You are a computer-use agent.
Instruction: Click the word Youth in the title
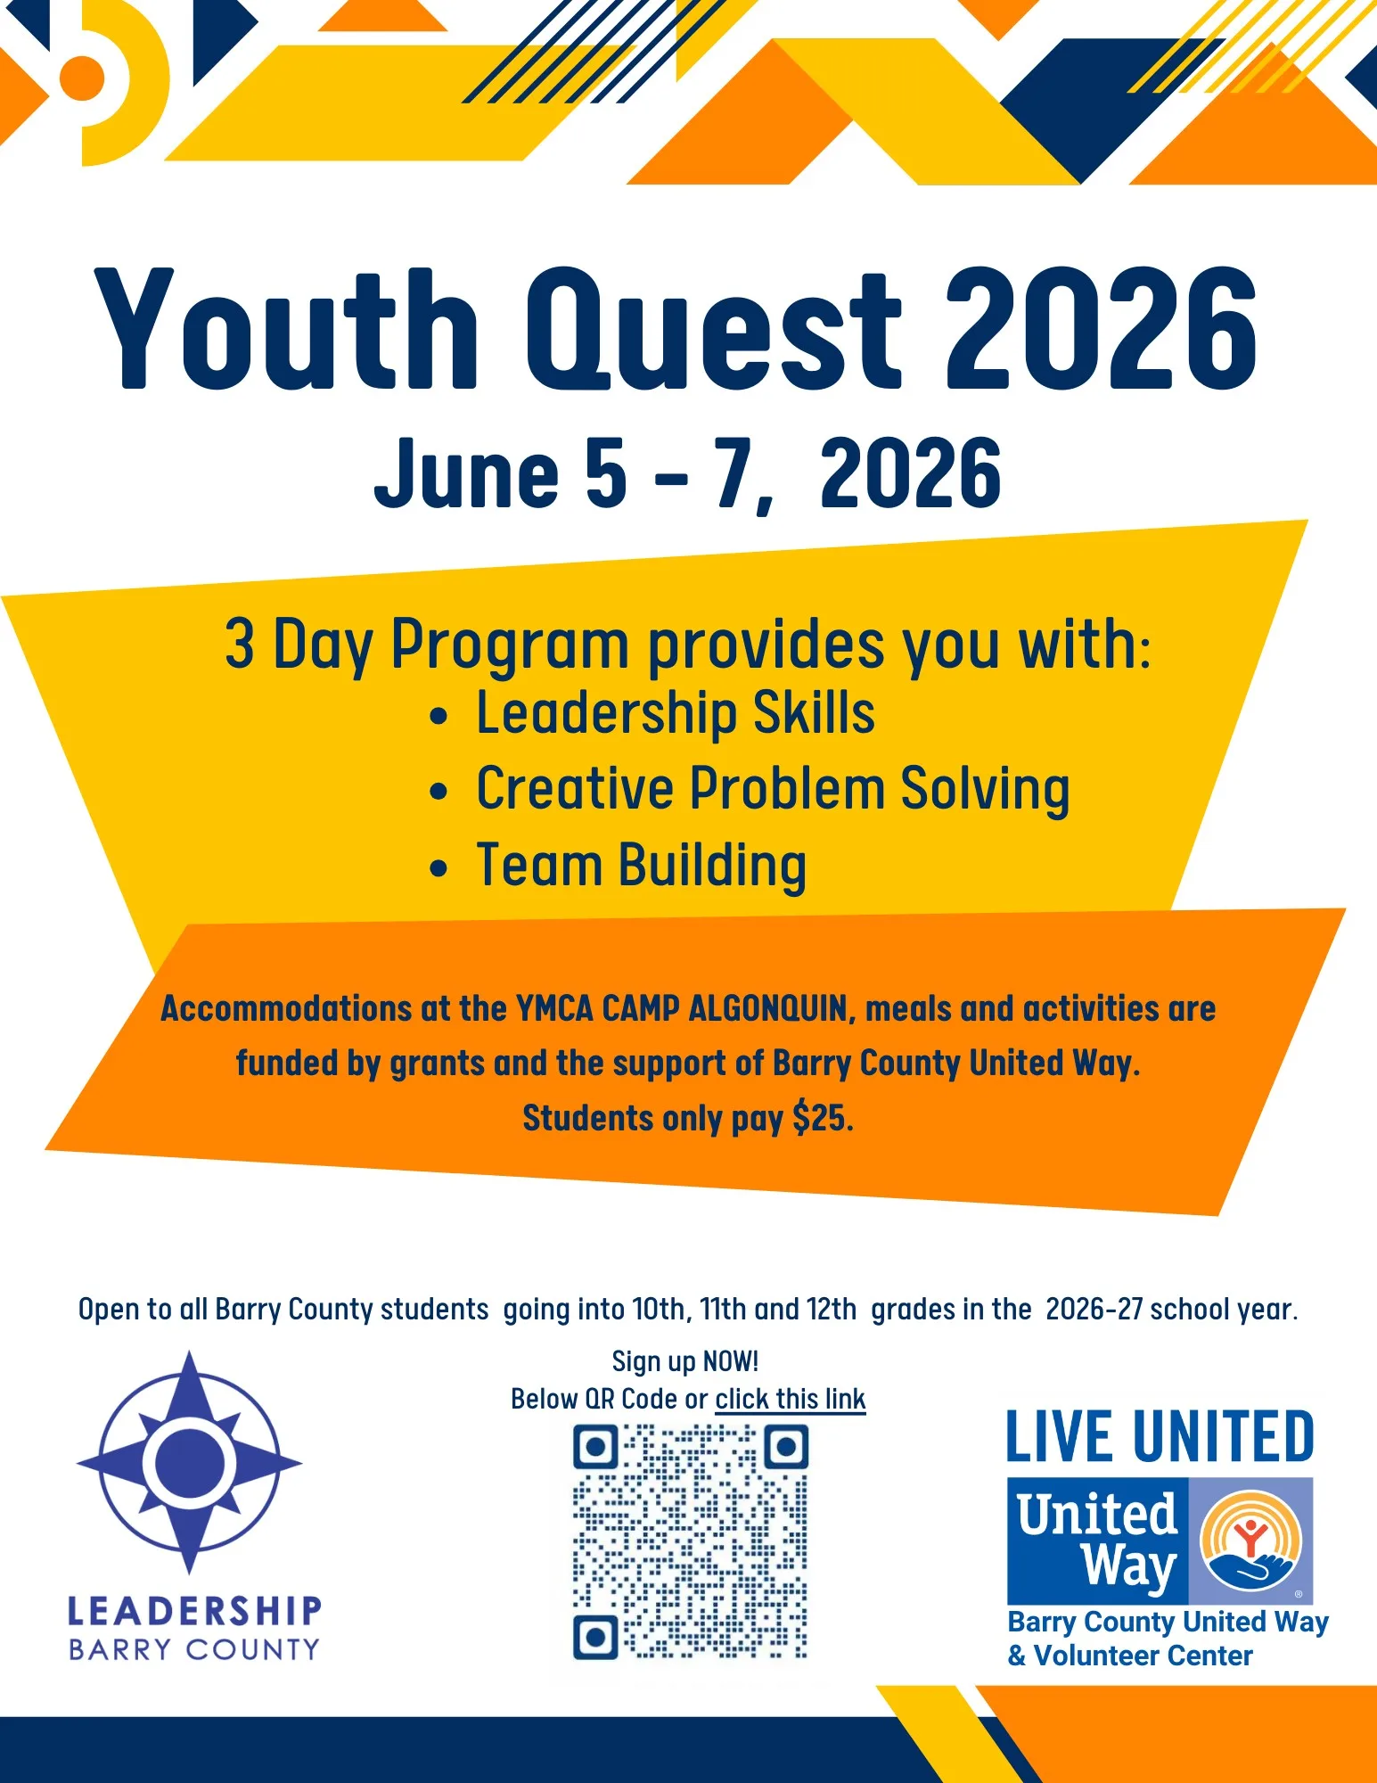(287, 330)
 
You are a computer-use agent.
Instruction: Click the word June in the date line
(466, 474)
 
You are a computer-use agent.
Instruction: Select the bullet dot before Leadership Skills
(438, 717)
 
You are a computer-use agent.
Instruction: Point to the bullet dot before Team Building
(438, 868)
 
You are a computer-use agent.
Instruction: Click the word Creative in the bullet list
(575, 789)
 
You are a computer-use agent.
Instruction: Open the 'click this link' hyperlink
(791, 1399)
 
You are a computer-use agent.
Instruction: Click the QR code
(690, 1542)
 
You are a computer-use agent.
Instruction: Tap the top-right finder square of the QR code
(786, 1446)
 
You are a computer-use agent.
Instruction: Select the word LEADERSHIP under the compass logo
(194, 1611)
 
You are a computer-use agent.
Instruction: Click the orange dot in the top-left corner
(82, 78)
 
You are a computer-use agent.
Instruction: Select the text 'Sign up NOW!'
(685, 1361)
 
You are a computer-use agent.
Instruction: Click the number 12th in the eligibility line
(832, 1310)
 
